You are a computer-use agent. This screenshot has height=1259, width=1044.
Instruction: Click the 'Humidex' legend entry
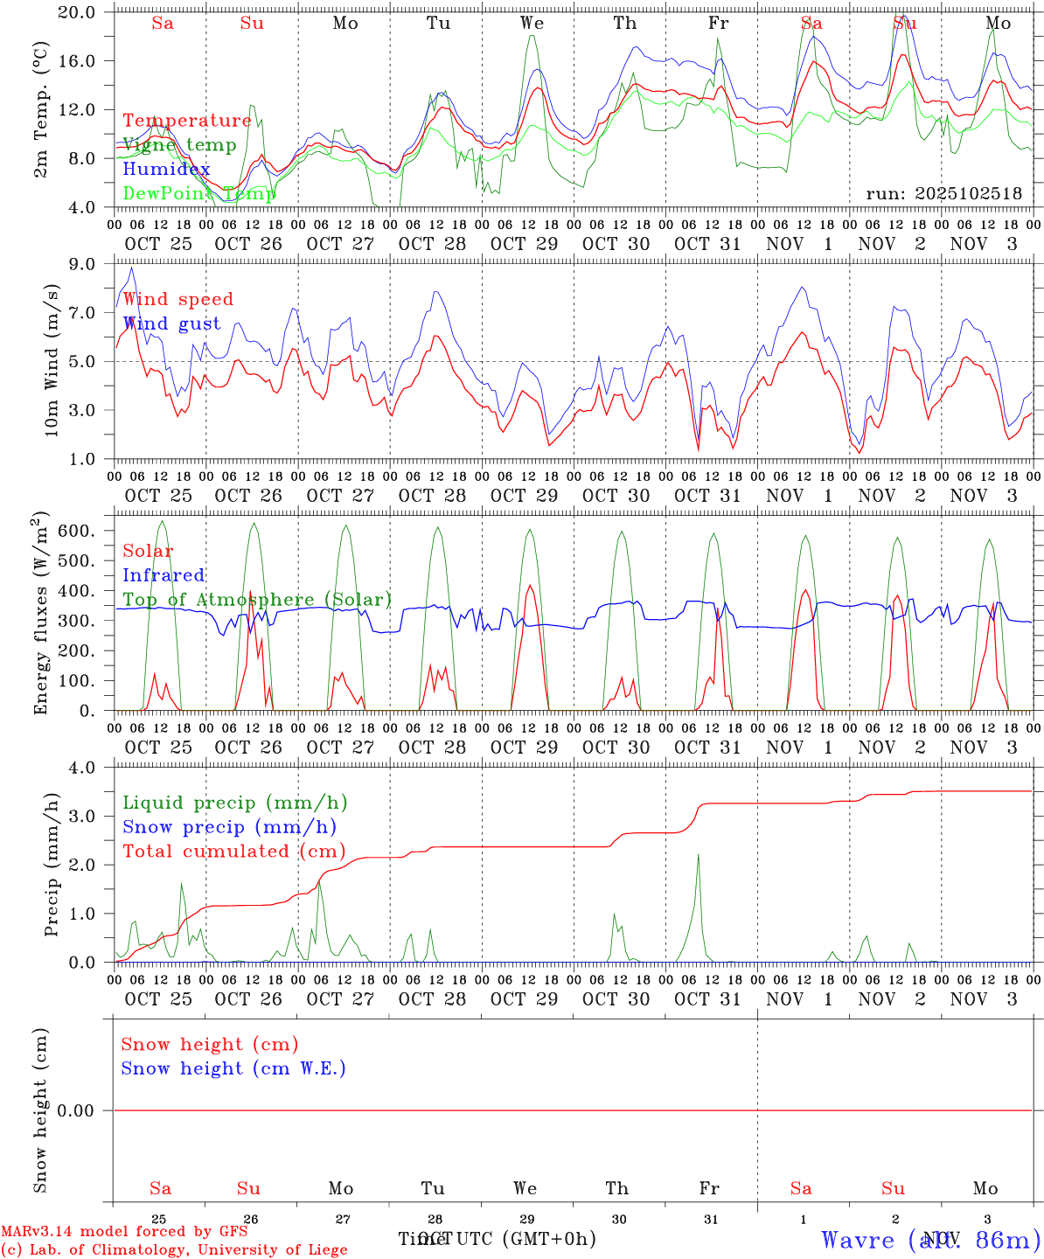166,170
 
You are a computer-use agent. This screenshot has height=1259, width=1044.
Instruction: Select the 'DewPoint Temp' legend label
198,193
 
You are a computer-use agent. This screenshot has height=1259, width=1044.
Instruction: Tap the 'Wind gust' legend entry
171,323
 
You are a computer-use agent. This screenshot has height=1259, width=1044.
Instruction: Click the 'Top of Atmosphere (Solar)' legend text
257,600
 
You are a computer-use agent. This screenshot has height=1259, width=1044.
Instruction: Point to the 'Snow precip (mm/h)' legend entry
229,827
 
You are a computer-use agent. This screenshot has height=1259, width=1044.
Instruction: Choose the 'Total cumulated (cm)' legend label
233,852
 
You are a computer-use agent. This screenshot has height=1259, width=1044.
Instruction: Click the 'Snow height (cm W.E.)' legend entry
233,1068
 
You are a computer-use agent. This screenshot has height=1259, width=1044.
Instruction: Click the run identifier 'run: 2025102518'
943,194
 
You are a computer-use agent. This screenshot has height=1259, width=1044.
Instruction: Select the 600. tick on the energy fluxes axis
87,531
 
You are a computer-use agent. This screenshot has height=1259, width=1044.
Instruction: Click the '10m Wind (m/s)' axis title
52,361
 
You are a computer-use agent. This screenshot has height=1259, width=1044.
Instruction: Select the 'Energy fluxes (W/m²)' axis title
41,613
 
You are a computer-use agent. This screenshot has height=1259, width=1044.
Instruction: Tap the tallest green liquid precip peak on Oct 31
698,854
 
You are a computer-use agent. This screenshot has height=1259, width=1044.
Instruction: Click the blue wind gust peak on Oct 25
131,268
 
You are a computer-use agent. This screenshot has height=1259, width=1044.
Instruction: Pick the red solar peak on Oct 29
529,585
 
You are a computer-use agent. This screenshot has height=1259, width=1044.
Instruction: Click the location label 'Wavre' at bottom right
858,1239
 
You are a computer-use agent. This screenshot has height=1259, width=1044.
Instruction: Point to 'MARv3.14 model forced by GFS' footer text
124,1232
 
